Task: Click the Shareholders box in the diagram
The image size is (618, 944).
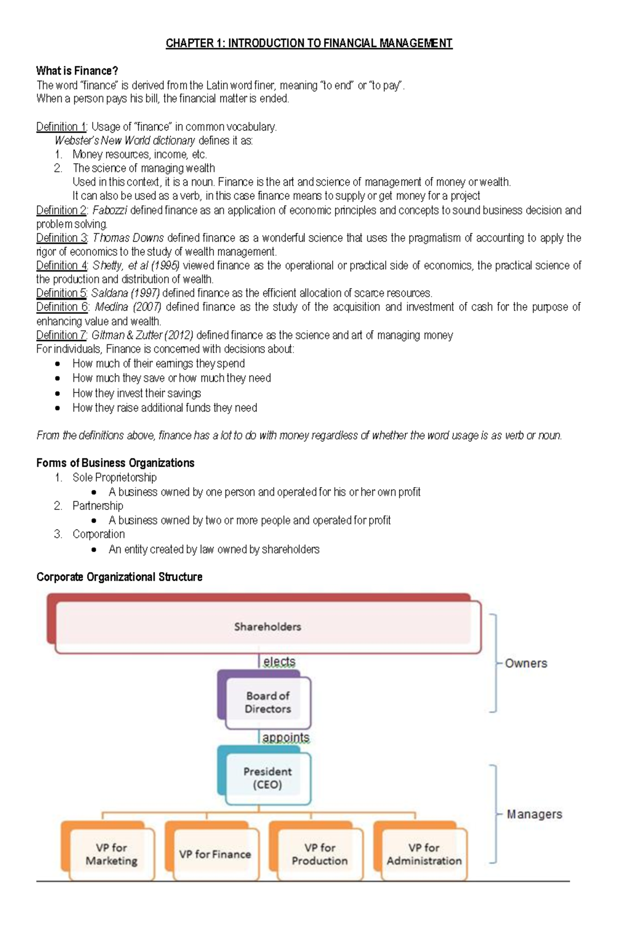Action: [x=267, y=627]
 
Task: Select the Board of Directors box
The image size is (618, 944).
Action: [x=267, y=702]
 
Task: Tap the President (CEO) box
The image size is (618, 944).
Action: [x=267, y=778]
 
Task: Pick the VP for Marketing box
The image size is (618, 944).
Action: [x=111, y=854]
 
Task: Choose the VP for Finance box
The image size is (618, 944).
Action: [x=215, y=854]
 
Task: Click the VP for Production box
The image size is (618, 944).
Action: [x=319, y=854]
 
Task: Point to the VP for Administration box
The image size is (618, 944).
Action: [x=424, y=854]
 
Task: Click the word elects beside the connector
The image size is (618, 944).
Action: [x=279, y=662]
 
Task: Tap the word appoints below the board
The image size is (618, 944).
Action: [x=286, y=737]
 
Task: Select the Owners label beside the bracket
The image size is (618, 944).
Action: [x=526, y=663]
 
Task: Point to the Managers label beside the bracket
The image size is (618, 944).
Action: [x=534, y=814]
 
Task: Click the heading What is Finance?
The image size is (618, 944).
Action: [x=77, y=70]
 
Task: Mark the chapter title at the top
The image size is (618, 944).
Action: [x=309, y=43]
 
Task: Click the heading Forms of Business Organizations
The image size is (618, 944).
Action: [x=115, y=463]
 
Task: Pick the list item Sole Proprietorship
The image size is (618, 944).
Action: [x=114, y=477]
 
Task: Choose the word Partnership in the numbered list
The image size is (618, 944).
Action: [x=98, y=506]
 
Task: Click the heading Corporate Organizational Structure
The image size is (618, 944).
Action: [x=119, y=577]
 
